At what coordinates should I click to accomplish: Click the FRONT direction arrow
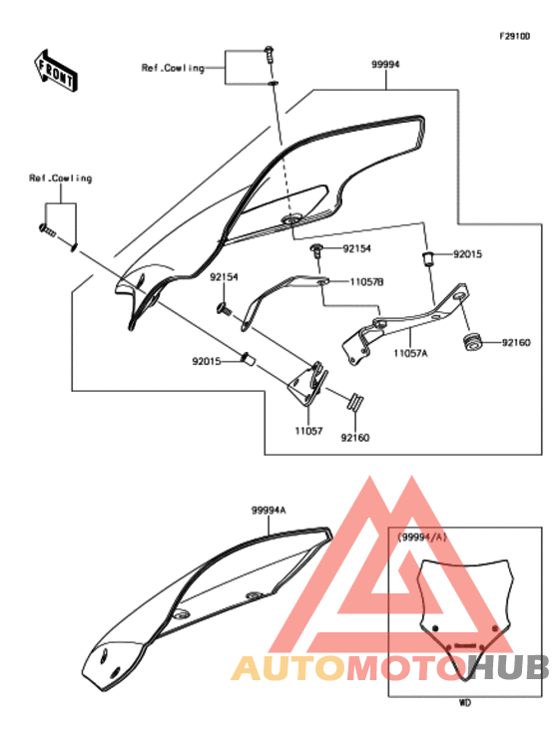click(x=56, y=71)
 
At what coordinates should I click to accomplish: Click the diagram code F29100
click(x=515, y=36)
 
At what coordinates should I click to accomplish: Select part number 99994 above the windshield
click(x=385, y=65)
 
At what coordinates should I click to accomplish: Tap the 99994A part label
click(x=269, y=510)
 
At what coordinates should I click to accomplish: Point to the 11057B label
click(x=366, y=282)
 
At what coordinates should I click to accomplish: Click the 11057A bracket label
click(x=410, y=353)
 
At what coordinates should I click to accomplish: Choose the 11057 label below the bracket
click(x=308, y=431)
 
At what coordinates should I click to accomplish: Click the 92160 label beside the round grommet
click(x=516, y=343)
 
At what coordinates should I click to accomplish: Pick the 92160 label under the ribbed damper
click(x=355, y=437)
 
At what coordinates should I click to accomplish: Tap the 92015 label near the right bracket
click(x=467, y=254)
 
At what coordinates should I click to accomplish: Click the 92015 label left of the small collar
click(x=207, y=361)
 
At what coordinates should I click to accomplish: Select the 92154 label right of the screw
click(x=357, y=248)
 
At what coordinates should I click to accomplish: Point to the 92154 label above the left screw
click(x=224, y=277)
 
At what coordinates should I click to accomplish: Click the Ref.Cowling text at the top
click(x=173, y=68)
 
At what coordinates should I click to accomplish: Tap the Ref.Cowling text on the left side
click(x=61, y=179)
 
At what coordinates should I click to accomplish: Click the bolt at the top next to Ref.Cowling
click(x=269, y=56)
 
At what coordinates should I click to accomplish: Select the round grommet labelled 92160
click(x=472, y=343)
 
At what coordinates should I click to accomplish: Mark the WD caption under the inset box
click(x=465, y=702)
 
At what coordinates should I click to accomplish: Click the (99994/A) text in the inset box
click(x=422, y=537)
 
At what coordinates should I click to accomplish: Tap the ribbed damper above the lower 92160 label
click(x=355, y=402)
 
